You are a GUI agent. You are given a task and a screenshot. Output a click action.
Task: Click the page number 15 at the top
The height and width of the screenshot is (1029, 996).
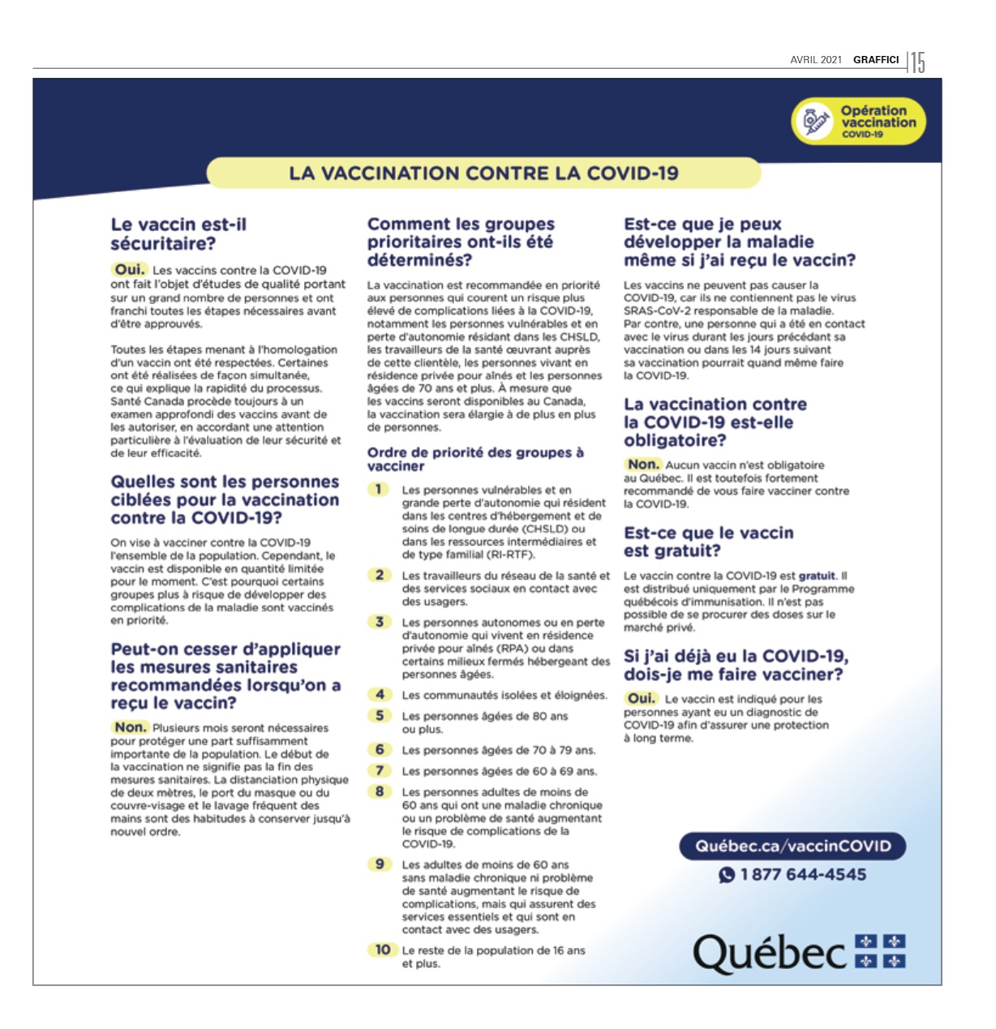click(917, 62)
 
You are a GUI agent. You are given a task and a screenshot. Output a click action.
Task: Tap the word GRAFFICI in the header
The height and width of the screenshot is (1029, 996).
click(876, 60)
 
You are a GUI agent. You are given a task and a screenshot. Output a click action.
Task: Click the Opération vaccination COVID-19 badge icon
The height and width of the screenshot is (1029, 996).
click(814, 122)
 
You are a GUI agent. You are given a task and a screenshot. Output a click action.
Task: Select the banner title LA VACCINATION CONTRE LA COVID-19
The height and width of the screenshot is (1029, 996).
click(483, 173)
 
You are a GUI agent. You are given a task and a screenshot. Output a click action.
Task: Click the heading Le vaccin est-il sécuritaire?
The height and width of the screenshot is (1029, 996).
click(179, 234)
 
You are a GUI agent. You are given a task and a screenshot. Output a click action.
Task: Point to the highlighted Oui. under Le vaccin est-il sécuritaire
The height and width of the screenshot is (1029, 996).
click(129, 269)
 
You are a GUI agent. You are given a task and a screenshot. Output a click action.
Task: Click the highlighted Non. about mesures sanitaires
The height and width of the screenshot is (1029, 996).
click(130, 727)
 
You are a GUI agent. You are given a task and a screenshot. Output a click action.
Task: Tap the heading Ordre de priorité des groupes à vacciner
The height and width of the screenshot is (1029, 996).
click(475, 459)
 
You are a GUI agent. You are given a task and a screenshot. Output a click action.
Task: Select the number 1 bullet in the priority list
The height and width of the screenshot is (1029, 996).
click(379, 489)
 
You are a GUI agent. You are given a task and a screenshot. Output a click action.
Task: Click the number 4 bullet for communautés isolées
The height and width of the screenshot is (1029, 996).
click(380, 694)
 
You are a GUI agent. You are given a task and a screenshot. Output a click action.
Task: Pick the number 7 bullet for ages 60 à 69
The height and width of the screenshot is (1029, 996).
click(380, 770)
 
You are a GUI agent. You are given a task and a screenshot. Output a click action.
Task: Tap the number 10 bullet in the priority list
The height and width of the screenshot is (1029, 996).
click(382, 950)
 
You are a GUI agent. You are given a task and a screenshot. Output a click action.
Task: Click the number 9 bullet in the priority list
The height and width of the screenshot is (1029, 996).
click(380, 864)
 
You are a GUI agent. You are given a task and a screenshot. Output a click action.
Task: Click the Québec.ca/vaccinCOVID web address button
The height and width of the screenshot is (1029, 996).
click(792, 846)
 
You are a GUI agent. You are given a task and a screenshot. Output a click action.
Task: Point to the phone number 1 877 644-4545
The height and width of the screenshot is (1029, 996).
click(803, 875)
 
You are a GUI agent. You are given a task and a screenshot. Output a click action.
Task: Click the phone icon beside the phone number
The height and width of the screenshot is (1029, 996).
click(727, 875)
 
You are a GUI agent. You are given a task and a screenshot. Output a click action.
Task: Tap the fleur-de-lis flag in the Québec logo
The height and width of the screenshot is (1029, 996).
click(880, 951)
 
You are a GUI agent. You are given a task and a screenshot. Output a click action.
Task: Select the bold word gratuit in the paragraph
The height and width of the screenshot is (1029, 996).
click(818, 576)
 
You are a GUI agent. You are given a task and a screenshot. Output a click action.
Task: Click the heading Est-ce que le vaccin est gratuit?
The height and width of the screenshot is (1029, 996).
click(709, 542)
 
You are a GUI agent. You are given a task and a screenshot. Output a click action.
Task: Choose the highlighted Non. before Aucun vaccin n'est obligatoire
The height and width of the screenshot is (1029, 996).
click(643, 465)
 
